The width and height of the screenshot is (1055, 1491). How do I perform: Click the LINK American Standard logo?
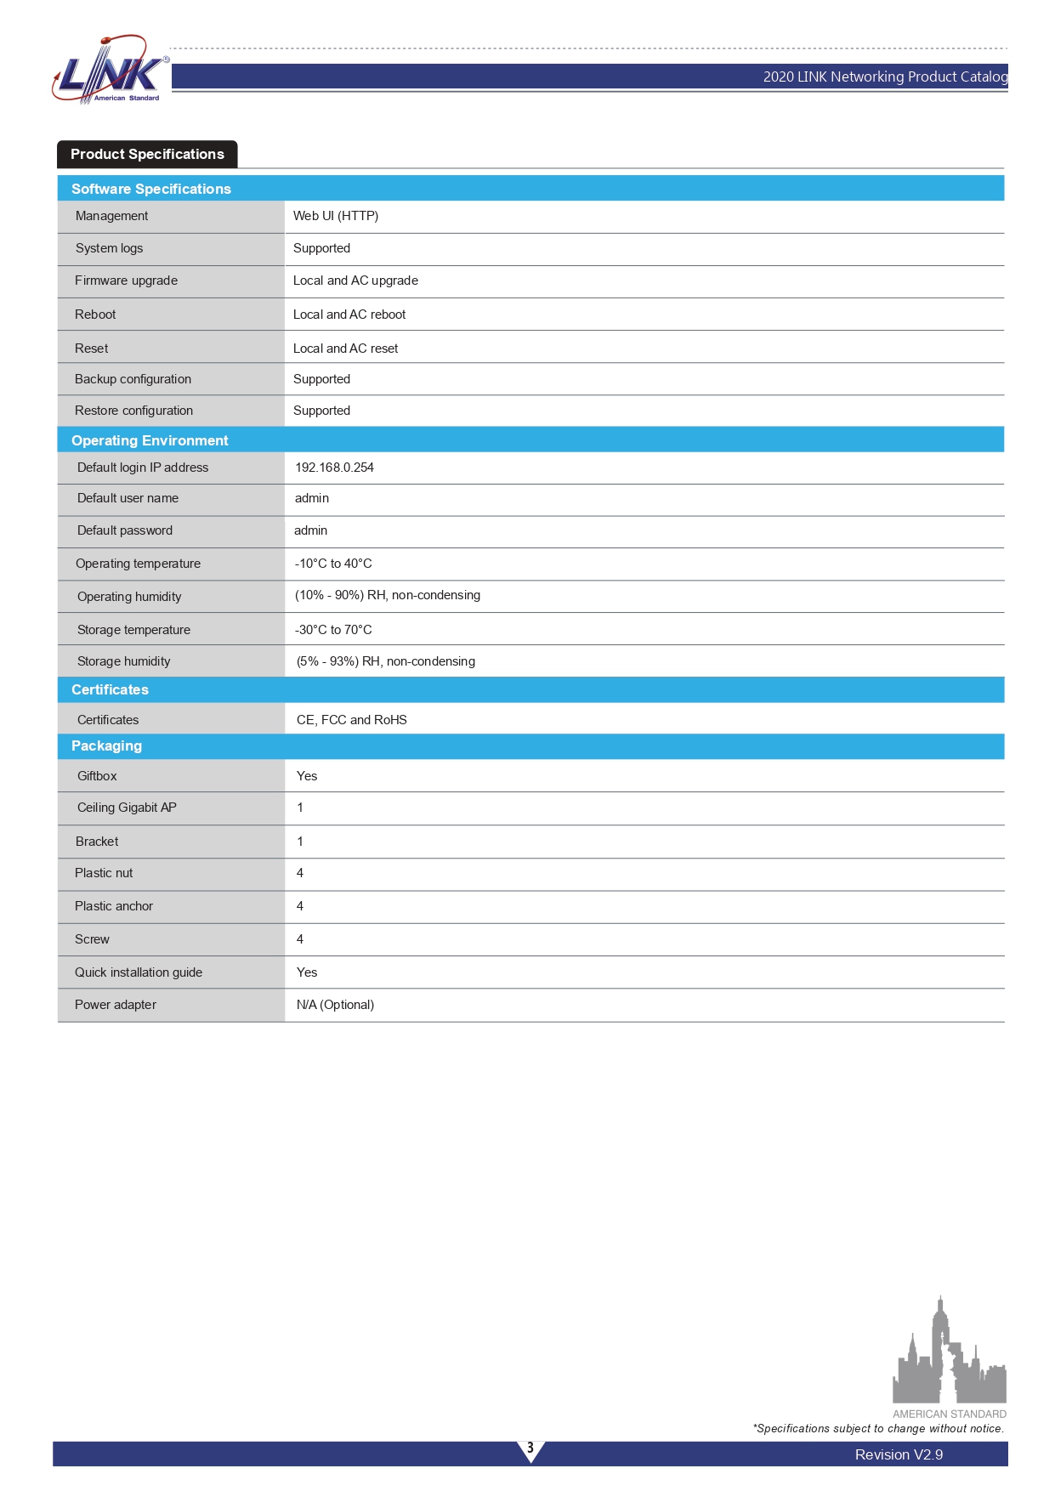point(109,71)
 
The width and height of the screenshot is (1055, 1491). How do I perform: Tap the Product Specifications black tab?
point(147,154)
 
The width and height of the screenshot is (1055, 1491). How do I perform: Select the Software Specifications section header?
point(151,189)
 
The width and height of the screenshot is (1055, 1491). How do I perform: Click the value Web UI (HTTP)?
point(336,216)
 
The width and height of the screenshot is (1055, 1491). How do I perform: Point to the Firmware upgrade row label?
point(126,281)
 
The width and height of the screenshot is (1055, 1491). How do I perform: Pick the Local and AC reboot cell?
point(349,315)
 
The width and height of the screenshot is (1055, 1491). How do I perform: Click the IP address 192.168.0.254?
point(334,468)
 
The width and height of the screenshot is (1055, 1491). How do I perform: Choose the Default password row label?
point(125,530)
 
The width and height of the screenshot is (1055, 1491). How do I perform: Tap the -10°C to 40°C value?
point(333,564)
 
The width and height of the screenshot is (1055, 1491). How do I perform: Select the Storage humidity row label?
point(123,661)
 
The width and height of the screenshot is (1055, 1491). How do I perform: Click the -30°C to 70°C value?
point(333,630)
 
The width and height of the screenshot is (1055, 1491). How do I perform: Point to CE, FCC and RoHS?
point(351,720)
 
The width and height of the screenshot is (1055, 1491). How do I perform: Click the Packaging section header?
point(106,745)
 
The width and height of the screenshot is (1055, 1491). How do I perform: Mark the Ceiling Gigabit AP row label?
point(127,808)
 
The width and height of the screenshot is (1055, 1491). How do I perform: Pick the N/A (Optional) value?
point(335,1005)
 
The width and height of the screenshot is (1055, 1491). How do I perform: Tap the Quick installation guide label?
point(139,972)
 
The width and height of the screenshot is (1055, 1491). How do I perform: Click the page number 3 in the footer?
point(530,1448)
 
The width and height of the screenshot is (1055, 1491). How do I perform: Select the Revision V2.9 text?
point(899,1454)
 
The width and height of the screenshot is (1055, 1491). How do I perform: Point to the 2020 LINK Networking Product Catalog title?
point(884,77)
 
